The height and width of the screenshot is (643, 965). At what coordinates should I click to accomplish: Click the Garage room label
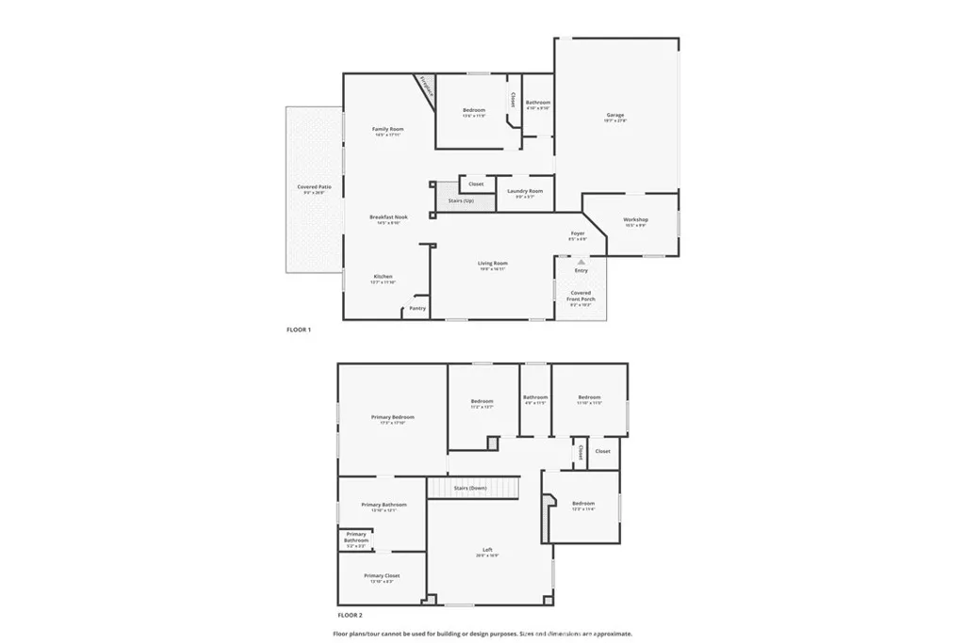pyautogui.click(x=615, y=116)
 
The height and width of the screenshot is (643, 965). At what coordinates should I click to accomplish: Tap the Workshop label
pyautogui.click(x=635, y=220)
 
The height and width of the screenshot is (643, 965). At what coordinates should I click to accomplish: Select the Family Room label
pyautogui.click(x=387, y=129)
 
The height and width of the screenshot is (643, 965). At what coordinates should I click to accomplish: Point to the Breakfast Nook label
pyautogui.click(x=387, y=217)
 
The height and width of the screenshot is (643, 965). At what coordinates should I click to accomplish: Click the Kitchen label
pyautogui.click(x=383, y=277)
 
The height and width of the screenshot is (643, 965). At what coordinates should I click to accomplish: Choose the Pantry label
pyautogui.click(x=417, y=308)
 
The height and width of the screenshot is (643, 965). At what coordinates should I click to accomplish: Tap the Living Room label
pyautogui.click(x=492, y=264)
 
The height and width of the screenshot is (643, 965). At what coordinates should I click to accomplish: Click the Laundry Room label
pyautogui.click(x=525, y=192)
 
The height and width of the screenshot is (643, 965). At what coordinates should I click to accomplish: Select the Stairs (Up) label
pyautogui.click(x=462, y=201)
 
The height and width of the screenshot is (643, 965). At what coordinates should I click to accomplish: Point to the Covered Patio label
pyautogui.click(x=314, y=187)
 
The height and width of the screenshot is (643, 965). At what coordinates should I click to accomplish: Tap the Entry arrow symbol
pyautogui.click(x=581, y=262)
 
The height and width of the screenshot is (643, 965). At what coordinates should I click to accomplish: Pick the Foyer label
pyautogui.click(x=578, y=233)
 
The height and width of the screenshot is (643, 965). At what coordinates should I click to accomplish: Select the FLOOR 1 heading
pyautogui.click(x=299, y=330)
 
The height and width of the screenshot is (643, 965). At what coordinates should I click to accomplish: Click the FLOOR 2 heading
pyautogui.click(x=298, y=615)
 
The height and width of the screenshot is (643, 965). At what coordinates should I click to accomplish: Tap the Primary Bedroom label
pyautogui.click(x=392, y=417)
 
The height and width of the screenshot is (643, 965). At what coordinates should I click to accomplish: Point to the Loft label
pyautogui.click(x=487, y=550)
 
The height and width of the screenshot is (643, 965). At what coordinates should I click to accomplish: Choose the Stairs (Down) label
pyautogui.click(x=469, y=488)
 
